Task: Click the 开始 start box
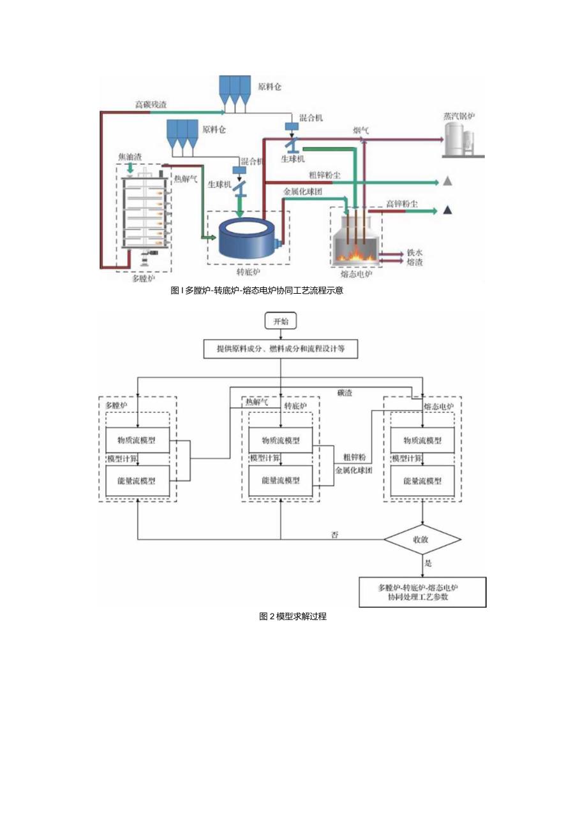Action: click(281, 321)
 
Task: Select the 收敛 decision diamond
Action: click(422, 540)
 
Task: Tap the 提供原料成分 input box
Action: click(280, 349)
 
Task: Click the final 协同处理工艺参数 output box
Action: click(422, 592)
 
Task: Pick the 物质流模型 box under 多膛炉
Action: click(138, 440)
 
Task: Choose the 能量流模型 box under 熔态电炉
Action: click(422, 481)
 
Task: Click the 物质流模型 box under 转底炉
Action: click(281, 440)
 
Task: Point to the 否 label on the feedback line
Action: click(334, 534)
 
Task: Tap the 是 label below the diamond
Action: click(429, 564)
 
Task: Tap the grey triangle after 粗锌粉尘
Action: click(448, 182)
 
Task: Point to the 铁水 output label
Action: click(415, 252)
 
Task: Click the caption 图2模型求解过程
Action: click(293, 617)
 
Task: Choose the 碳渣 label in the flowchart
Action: click(345, 393)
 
